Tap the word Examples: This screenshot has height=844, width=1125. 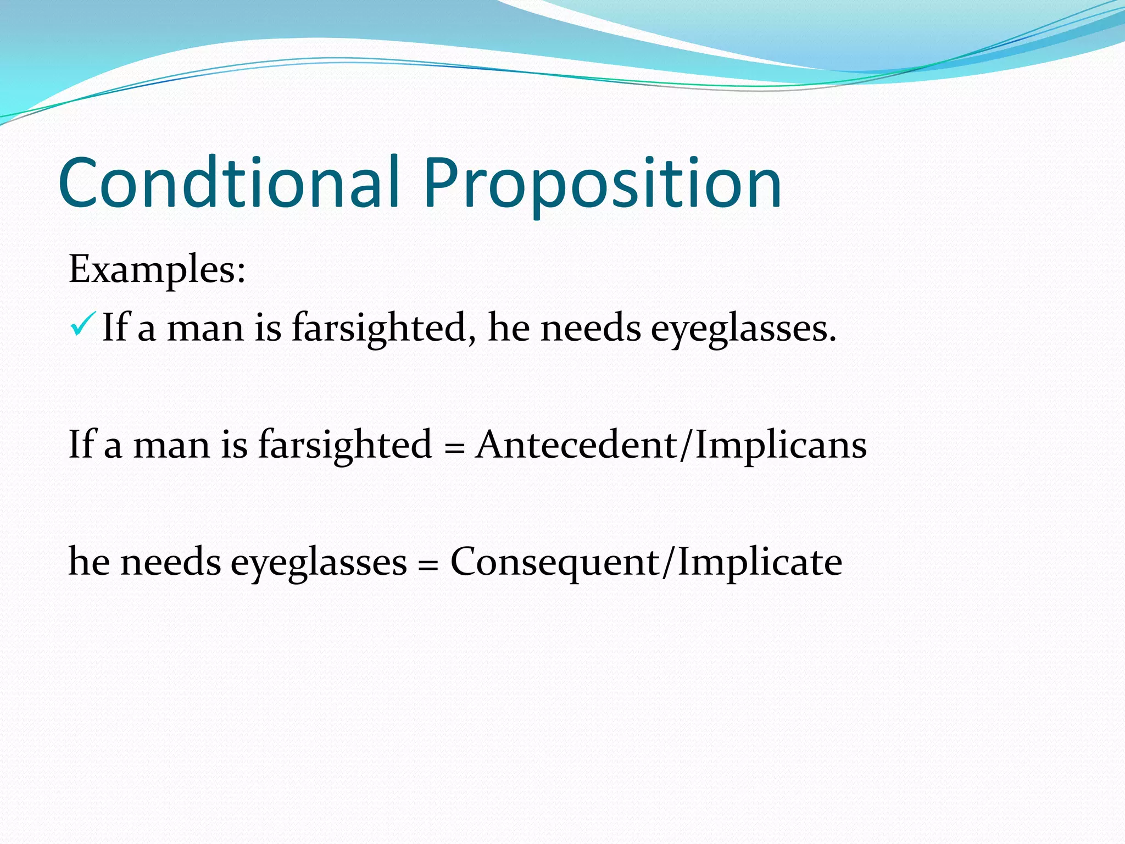click(x=157, y=270)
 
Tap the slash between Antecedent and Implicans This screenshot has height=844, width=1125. click(x=685, y=445)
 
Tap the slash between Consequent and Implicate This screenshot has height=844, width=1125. click(x=668, y=562)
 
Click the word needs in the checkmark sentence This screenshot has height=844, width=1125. click(x=591, y=328)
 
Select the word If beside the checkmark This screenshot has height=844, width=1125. click(x=114, y=327)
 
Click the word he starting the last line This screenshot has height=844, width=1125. click(x=89, y=562)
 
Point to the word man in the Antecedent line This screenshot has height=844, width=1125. click(x=171, y=445)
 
